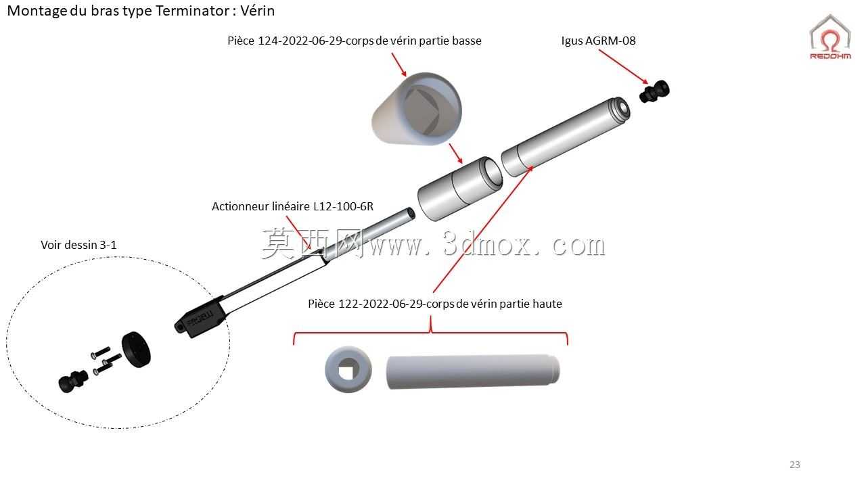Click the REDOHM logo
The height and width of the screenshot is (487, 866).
(830, 37)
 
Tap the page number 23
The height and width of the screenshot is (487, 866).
(795, 465)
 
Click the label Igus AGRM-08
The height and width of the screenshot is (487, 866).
(598, 41)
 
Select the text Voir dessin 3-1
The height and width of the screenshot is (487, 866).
(78, 245)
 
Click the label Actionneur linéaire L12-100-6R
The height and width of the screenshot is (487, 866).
(293, 206)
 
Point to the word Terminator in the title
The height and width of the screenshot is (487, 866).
(193, 11)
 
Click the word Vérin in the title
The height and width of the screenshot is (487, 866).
(258, 11)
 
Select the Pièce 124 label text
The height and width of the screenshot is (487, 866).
(354, 41)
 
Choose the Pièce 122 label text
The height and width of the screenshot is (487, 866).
(435, 304)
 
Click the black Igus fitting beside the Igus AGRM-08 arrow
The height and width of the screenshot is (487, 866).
(654, 91)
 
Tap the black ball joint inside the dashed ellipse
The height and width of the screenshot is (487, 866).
(73, 381)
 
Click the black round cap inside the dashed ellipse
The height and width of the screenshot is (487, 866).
(137, 350)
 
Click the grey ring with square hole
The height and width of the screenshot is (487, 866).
(348, 369)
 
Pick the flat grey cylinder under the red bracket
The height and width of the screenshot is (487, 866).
(472, 372)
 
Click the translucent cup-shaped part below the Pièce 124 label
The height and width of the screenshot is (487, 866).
(417, 109)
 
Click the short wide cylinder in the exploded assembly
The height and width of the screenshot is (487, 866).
(460, 189)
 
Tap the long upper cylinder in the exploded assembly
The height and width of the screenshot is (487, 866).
(566, 137)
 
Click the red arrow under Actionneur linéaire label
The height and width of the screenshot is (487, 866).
(298, 232)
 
